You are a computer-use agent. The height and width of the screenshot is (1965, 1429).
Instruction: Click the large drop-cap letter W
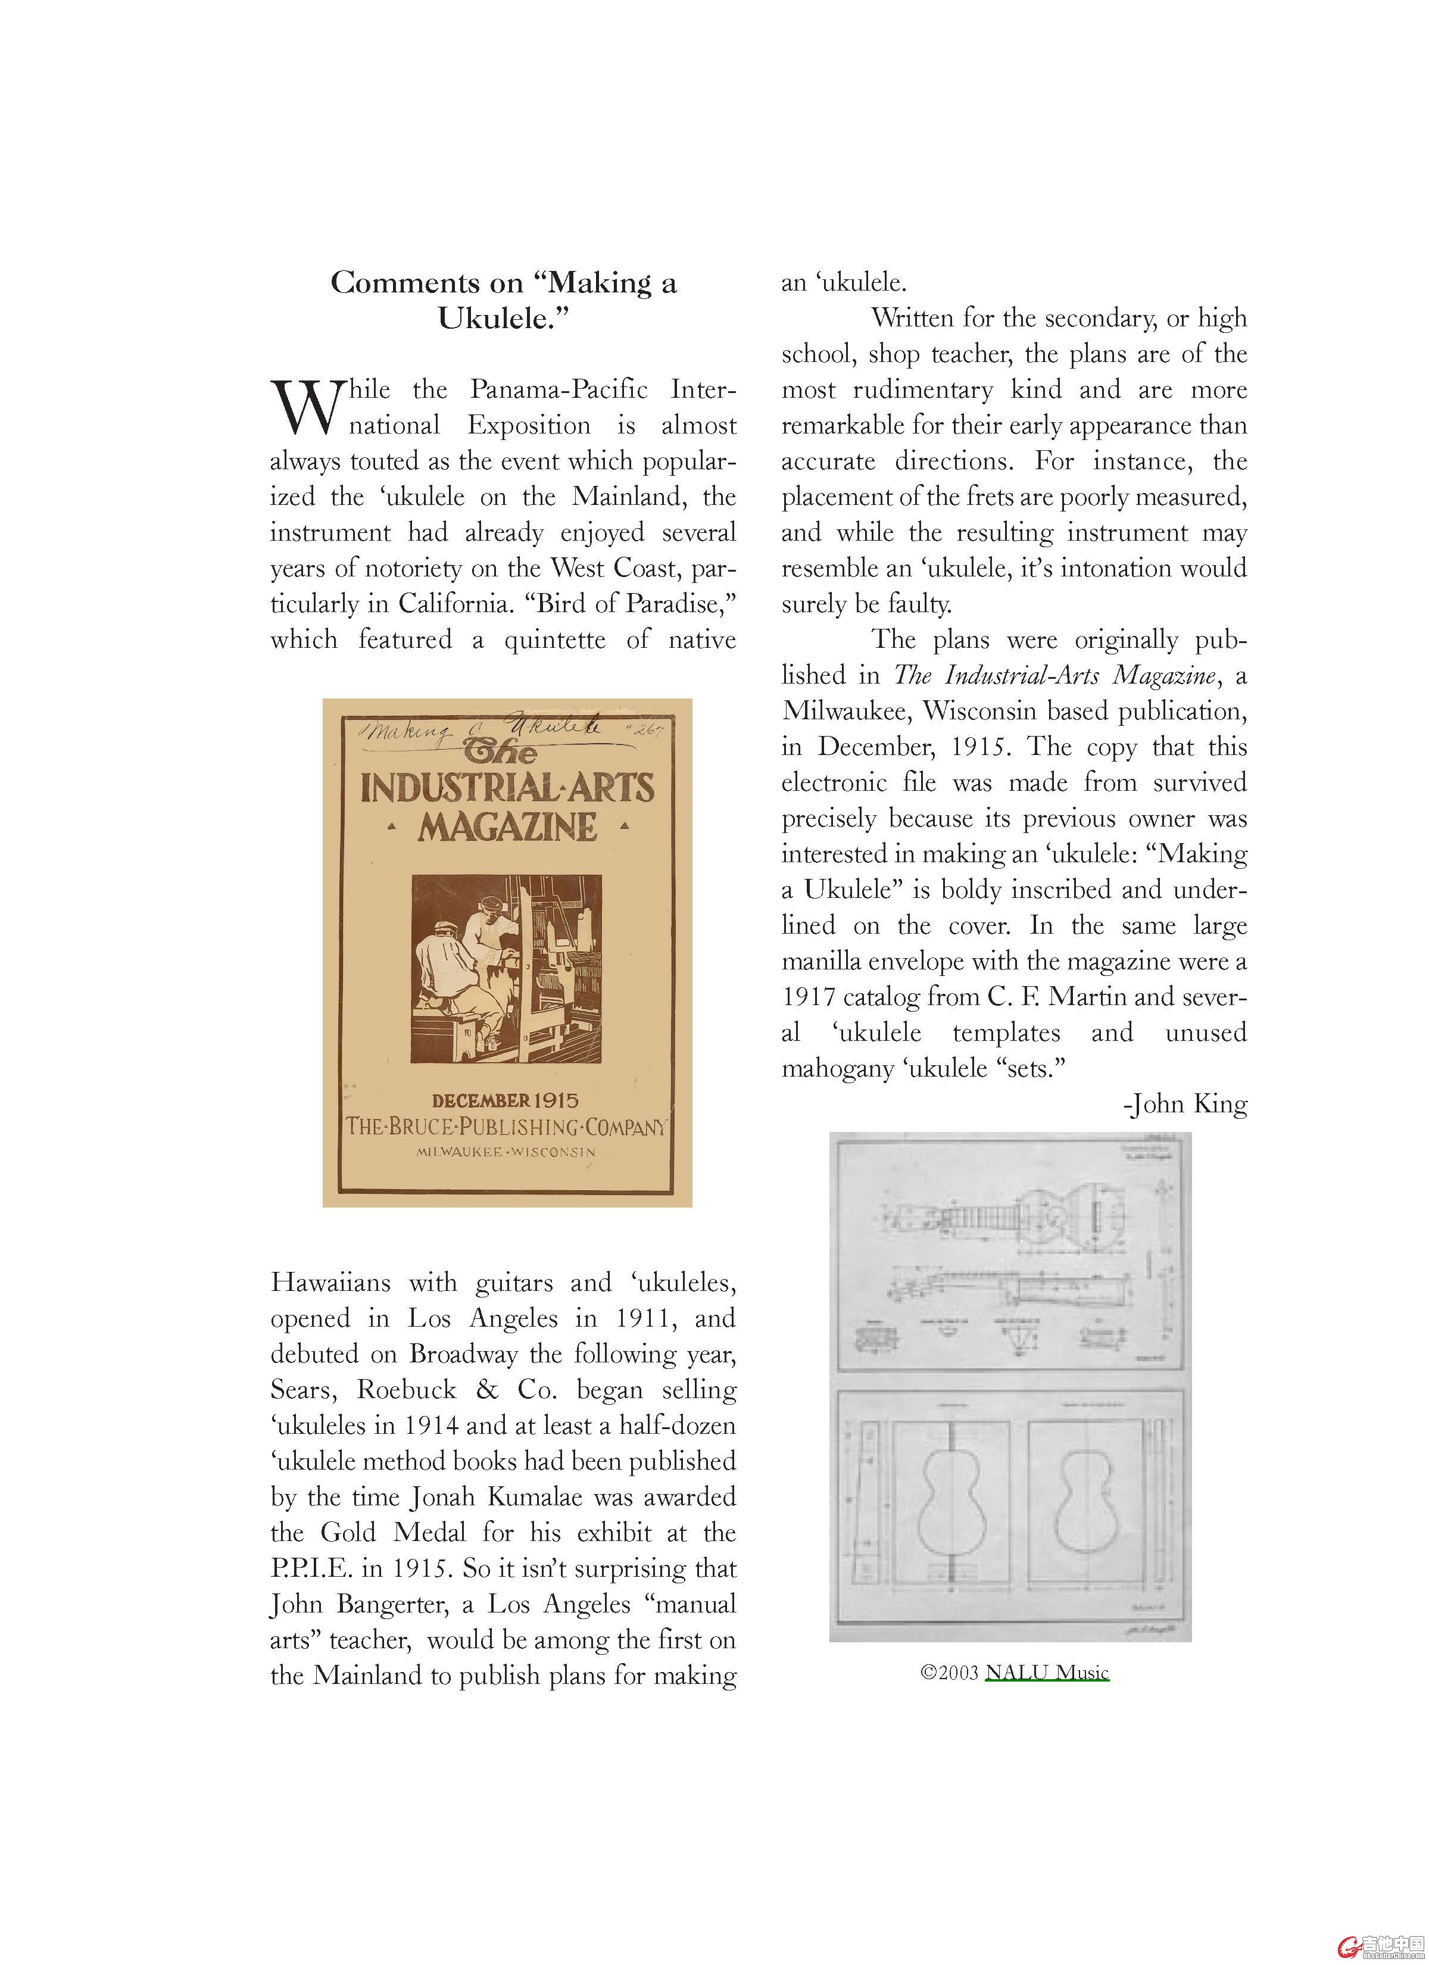click(308, 407)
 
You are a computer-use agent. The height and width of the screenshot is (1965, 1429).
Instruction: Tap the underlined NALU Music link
click(1046, 1671)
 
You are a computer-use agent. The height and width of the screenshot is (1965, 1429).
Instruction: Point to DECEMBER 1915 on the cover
click(506, 1100)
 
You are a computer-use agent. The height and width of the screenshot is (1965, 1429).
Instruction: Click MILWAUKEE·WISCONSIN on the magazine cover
click(506, 1152)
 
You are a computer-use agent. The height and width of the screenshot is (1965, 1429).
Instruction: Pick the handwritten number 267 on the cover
click(645, 729)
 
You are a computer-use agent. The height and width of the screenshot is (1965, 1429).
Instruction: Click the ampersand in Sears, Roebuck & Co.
click(487, 1390)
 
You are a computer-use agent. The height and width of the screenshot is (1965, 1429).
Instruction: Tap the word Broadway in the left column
click(464, 1353)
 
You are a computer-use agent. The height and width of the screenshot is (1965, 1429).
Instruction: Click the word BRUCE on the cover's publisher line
click(420, 1127)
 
